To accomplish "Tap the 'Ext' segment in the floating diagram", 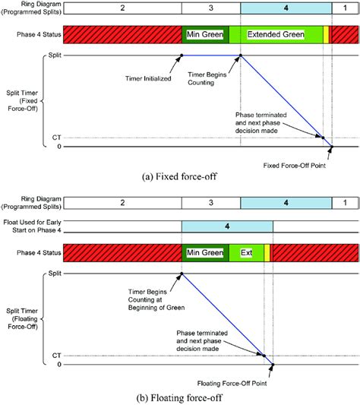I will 246,253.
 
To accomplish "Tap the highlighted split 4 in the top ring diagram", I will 286,8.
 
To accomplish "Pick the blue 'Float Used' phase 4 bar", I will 227,226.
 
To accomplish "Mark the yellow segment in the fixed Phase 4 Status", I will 326,36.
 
